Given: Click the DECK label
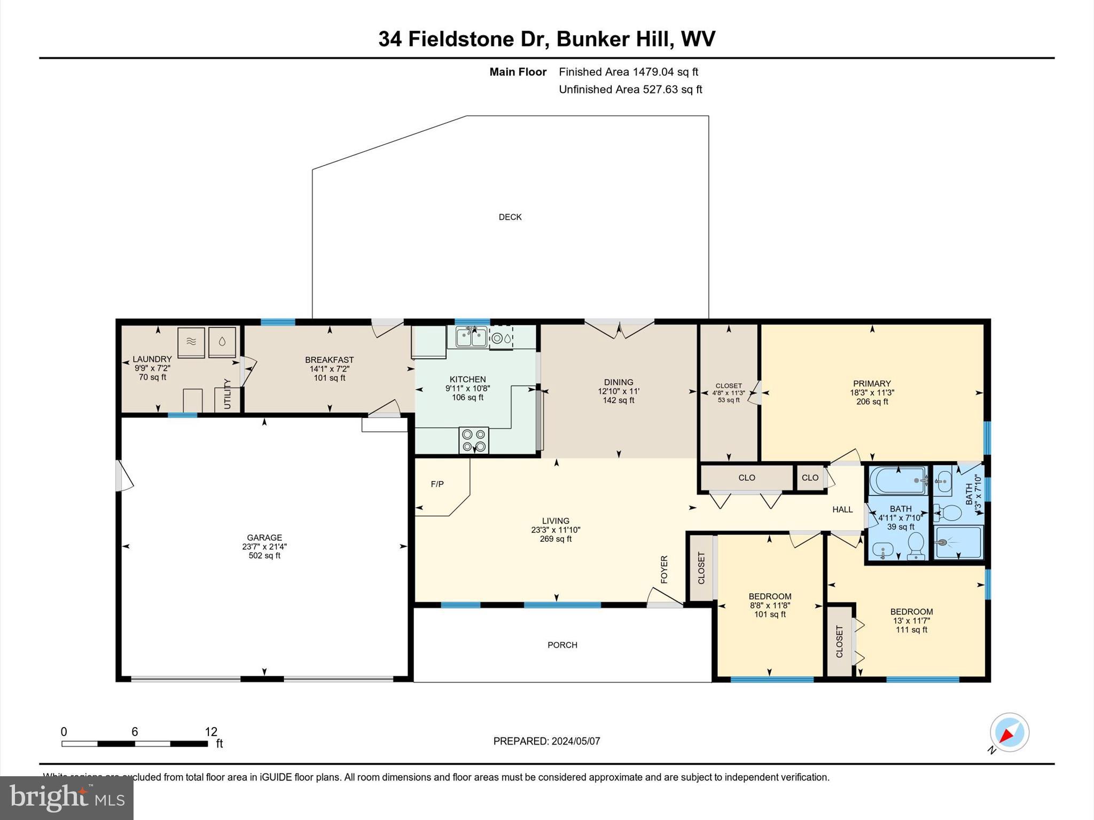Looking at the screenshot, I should (x=510, y=217).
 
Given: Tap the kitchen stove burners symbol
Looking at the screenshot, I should (x=474, y=440).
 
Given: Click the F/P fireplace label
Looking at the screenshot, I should (x=437, y=484).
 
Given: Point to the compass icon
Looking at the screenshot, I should (x=1009, y=732).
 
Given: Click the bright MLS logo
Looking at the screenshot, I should (x=67, y=798).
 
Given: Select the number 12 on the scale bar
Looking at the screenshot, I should (x=211, y=732).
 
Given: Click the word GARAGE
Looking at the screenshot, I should (x=264, y=538).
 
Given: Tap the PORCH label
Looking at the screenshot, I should (x=562, y=645).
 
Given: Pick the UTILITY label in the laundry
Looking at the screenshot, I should (x=227, y=394).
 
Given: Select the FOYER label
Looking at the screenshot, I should (x=665, y=569).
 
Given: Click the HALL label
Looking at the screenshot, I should (x=842, y=509).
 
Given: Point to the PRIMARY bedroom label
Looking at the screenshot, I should (x=872, y=383).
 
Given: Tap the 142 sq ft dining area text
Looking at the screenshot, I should (x=619, y=400).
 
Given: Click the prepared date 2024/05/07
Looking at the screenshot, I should (x=575, y=741).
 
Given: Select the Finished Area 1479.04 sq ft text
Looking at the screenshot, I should (x=628, y=72).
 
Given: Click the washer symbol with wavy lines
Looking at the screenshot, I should (x=191, y=342).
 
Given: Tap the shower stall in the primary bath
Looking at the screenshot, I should (x=958, y=542).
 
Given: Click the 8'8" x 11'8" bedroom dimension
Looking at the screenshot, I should (x=769, y=605).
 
